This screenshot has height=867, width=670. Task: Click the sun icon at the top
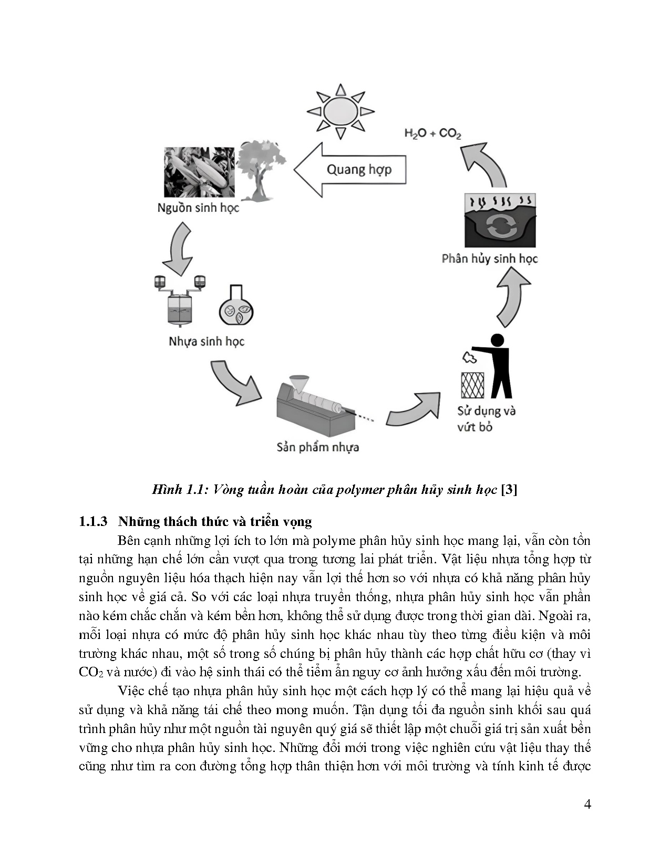click(x=341, y=111)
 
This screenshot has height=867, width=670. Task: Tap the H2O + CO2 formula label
click(x=432, y=133)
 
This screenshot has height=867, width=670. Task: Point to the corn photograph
click(x=199, y=172)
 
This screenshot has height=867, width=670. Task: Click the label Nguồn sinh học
click(x=198, y=208)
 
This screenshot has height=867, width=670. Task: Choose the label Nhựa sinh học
click(x=207, y=342)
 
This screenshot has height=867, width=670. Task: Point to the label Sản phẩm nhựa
click(x=318, y=448)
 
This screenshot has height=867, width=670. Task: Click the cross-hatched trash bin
click(x=472, y=385)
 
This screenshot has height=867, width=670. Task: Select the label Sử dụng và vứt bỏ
click(x=485, y=419)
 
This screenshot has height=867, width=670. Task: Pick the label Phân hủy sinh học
click(x=490, y=259)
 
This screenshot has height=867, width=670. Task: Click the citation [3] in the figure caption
click(x=509, y=490)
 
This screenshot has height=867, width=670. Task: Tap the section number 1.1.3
click(x=93, y=522)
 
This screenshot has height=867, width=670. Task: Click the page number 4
click(x=587, y=804)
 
